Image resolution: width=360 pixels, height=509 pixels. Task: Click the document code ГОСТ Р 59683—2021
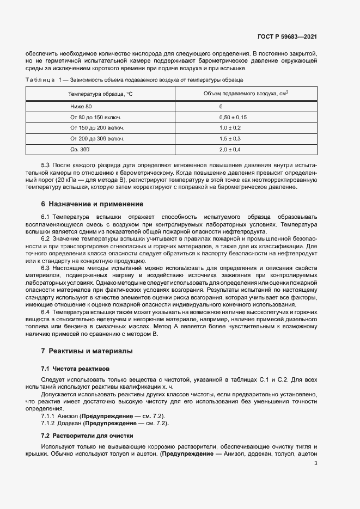pos(287,36)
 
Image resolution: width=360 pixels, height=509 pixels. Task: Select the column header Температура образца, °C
pos(100,94)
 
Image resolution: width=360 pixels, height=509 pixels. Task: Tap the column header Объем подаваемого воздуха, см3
pos(245,94)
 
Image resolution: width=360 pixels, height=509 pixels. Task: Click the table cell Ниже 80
pos(81,107)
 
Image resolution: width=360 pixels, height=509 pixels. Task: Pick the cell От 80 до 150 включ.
pos(95,117)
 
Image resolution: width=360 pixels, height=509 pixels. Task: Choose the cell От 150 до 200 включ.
pos(97,128)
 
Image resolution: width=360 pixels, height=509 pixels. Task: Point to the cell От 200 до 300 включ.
pos(97,138)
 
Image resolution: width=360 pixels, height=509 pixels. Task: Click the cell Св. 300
pos(80,149)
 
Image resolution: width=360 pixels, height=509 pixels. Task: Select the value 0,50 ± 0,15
pos(233,117)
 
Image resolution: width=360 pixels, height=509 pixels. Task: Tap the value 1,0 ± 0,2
pos(230,128)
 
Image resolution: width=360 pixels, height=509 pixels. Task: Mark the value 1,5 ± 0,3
pos(230,138)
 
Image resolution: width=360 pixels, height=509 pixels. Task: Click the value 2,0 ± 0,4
pos(230,149)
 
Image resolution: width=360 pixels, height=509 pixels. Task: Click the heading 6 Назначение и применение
pos(92,204)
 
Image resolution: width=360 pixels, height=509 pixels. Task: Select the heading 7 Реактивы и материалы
pos(87,351)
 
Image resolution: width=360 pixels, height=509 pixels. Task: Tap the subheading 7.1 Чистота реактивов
pos(76,369)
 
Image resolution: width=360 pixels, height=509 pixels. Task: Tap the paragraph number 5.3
pos(46,164)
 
